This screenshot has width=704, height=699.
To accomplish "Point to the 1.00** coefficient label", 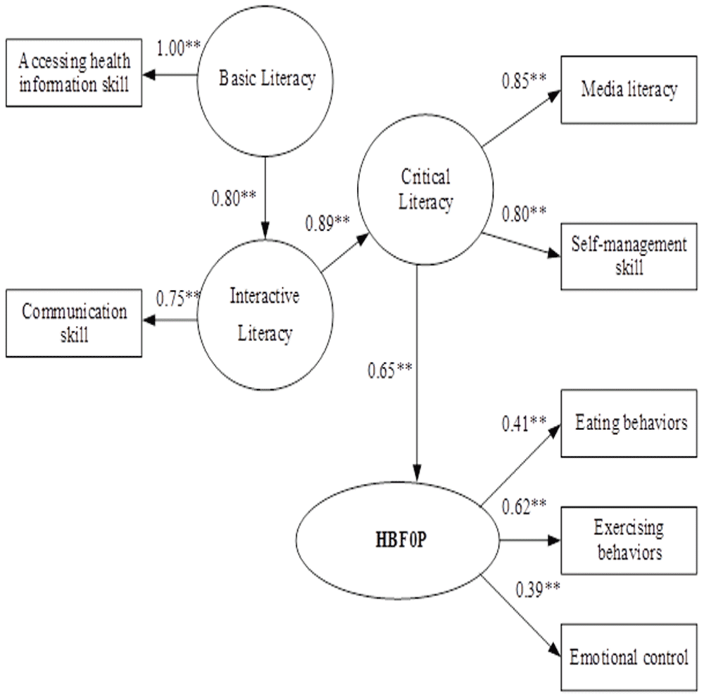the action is click(x=178, y=48).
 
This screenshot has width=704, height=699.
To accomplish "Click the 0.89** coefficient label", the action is click(x=327, y=222).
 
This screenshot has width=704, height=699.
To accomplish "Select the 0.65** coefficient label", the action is click(x=390, y=370).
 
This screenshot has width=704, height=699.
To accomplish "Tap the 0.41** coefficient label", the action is click(x=524, y=423).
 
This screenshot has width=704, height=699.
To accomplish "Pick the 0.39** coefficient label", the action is click(x=537, y=589).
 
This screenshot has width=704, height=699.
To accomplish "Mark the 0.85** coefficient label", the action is click(x=524, y=81).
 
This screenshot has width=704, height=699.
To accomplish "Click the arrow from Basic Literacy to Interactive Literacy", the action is click(x=265, y=198).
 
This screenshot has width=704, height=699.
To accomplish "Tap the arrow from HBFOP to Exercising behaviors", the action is click(x=530, y=540).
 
